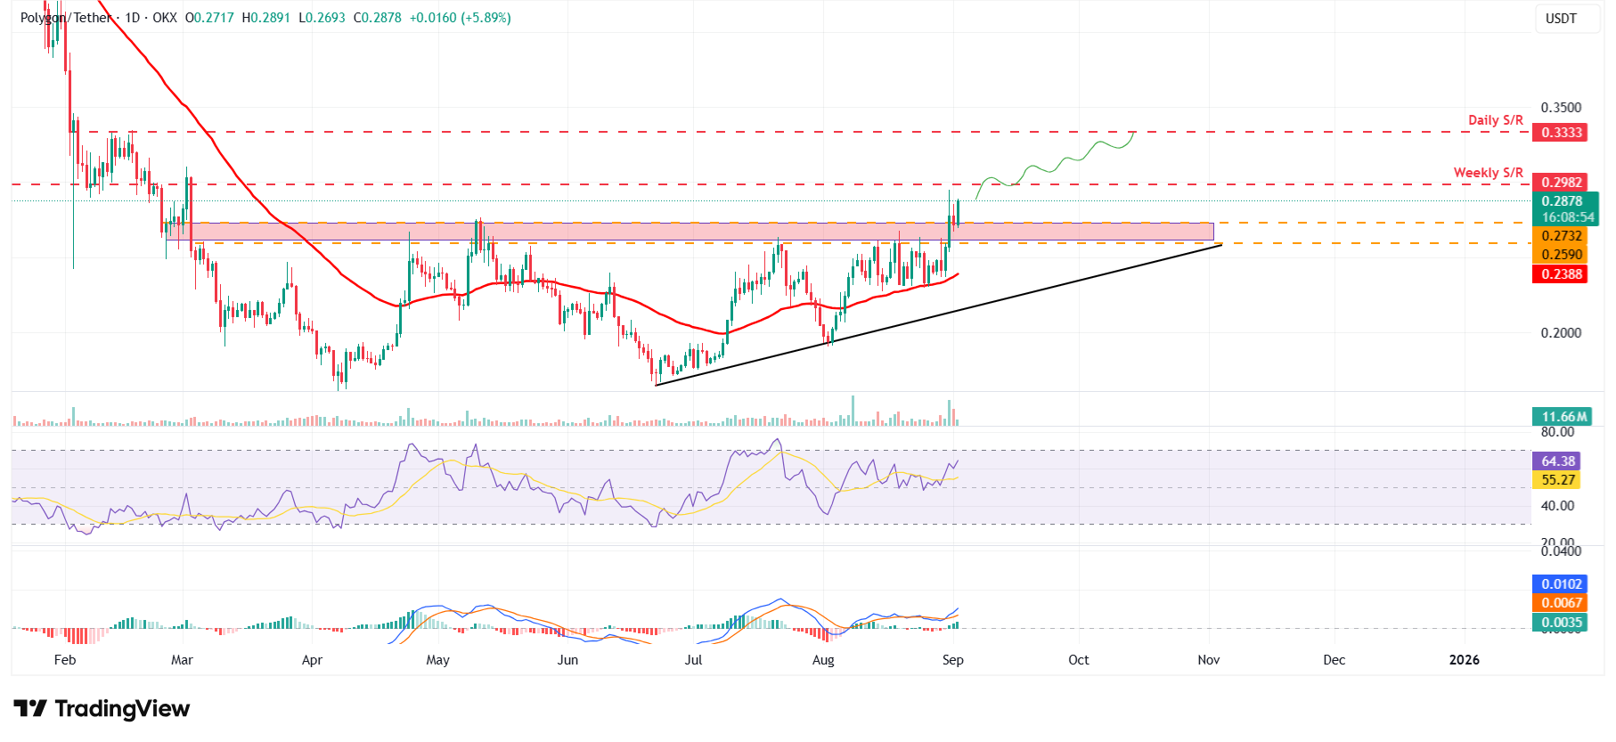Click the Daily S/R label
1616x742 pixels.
1495,120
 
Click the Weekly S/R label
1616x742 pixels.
1488,173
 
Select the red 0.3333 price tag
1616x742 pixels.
1562,133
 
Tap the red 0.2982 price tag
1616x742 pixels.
1562,183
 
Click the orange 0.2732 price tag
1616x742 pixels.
1562,236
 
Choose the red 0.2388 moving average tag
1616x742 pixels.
1562,274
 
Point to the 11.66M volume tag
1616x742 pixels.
1563,417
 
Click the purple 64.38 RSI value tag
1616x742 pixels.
1558,461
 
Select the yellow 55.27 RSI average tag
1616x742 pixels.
1558,480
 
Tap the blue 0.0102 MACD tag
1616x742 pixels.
1562,584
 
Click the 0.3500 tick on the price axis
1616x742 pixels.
1561,108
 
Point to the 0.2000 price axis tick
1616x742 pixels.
1561,333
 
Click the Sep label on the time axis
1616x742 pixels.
952,660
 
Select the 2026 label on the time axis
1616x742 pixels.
1464,660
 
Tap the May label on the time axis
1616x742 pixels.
437,660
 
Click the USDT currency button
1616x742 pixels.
1561,19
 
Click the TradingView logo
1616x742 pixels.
102,709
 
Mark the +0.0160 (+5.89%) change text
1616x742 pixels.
460,18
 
